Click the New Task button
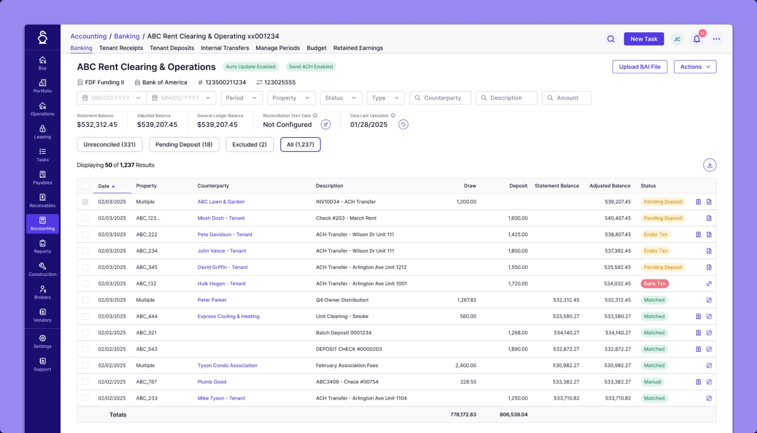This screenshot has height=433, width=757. [644, 39]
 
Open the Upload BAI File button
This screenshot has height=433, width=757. [640, 66]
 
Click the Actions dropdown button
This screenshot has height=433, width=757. [695, 66]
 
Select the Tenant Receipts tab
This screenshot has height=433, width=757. [121, 48]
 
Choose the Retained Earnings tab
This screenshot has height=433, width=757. [358, 48]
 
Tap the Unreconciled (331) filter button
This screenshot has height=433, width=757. [109, 145]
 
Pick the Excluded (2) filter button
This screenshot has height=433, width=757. [249, 145]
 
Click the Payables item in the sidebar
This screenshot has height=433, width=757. [42, 178]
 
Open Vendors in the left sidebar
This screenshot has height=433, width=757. [42, 315]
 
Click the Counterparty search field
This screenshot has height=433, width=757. [440, 98]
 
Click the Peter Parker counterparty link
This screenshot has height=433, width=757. [212, 300]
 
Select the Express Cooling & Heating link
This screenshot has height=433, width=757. [229, 316]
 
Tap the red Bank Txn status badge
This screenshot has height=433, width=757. [654, 283]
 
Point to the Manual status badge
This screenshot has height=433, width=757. [652, 382]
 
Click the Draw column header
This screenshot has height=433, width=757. [470, 186]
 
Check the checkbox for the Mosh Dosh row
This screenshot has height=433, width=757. [85, 218]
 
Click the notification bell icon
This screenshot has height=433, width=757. [697, 39]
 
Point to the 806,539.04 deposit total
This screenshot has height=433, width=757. [513, 414]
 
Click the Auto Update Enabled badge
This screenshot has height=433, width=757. [251, 66]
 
